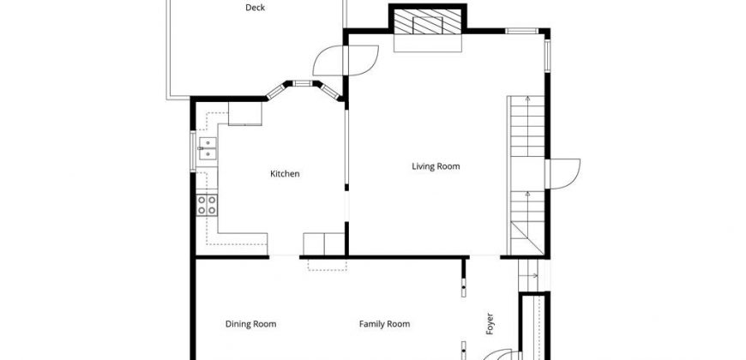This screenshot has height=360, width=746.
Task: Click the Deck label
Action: (x=255, y=8)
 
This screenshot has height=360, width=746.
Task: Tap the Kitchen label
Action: (x=285, y=174)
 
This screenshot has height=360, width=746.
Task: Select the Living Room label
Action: (x=436, y=166)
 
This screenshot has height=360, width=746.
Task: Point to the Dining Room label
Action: (x=250, y=324)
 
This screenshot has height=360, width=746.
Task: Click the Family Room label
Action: (x=384, y=324)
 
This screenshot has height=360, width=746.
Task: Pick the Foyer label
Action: (x=489, y=324)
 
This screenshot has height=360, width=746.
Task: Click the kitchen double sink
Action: (x=208, y=148)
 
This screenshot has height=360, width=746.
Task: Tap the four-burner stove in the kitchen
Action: (x=207, y=205)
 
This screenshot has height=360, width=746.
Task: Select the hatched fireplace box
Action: (x=428, y=21)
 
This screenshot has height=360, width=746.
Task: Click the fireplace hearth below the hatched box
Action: (x=428, y=43)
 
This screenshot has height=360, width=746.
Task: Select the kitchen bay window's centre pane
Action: (x=302, y=84)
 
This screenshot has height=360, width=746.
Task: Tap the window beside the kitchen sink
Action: (x=193, y=151)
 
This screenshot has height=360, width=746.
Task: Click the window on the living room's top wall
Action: (x=522, y=32)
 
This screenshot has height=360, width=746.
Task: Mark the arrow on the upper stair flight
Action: (x=527, y=126)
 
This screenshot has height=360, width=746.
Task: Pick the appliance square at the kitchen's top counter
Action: (x=245, y=114)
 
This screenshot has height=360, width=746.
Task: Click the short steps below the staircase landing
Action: (x=528, y=275)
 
